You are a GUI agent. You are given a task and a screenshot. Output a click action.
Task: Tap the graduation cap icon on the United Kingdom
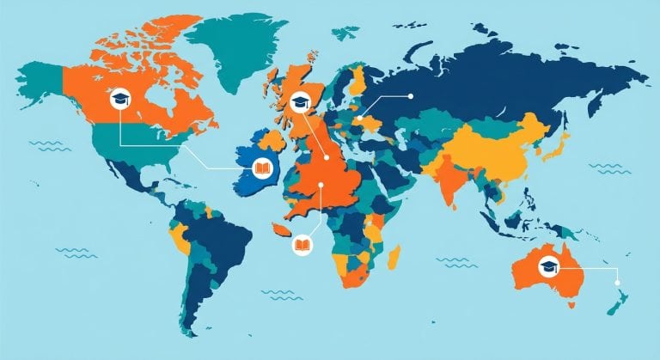[300, 102]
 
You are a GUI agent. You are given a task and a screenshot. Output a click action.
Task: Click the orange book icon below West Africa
[302, 245]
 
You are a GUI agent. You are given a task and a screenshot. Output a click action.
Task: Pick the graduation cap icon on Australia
[547, 267]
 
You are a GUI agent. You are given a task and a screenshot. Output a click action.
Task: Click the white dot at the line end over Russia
[411, 95]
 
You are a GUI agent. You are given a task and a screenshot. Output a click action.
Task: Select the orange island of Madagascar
[394, 255]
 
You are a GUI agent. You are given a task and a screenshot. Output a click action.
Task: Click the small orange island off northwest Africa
[278, 230]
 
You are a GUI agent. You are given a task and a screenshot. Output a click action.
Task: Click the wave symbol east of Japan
[609, 168]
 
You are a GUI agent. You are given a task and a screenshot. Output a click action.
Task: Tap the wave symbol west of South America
[76, 252]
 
